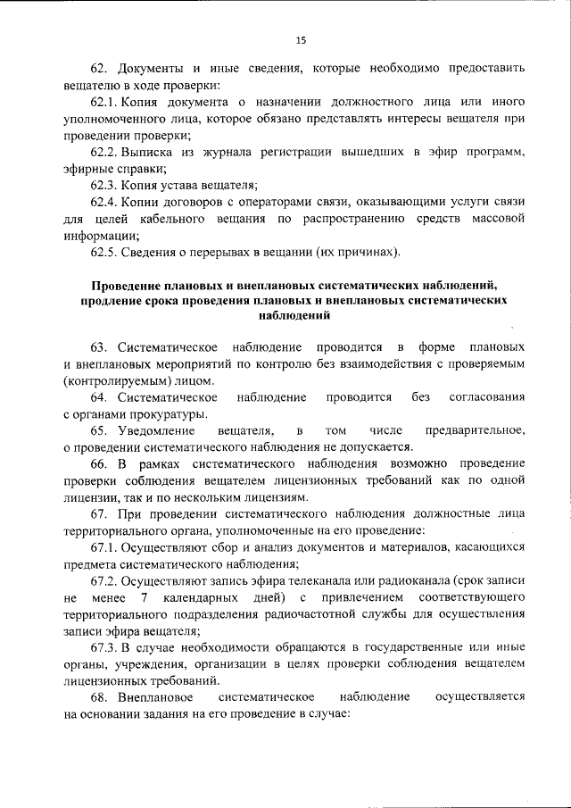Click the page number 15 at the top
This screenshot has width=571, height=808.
coord(301,39)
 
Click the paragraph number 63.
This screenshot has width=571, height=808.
coord(98,346)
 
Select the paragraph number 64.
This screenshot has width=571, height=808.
coord(98,396)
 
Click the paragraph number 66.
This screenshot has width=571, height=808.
coord(98,464)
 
